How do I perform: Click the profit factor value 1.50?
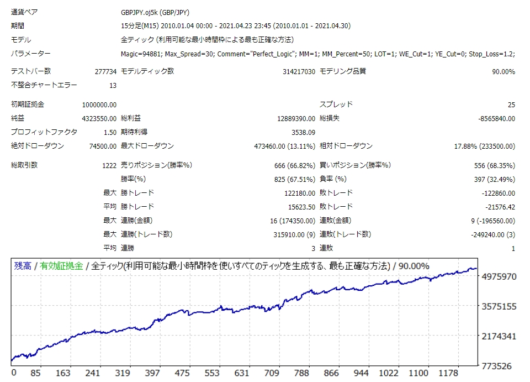[x=109, y=132]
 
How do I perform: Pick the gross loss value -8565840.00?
[x=496, y=118]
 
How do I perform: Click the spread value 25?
[x=511, y=104]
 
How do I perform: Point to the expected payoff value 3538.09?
[x=303, y=132]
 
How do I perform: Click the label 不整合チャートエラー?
[x=44, y=85]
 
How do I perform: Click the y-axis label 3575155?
[x=499, y=306]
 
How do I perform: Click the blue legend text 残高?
[x=22, y=266]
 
